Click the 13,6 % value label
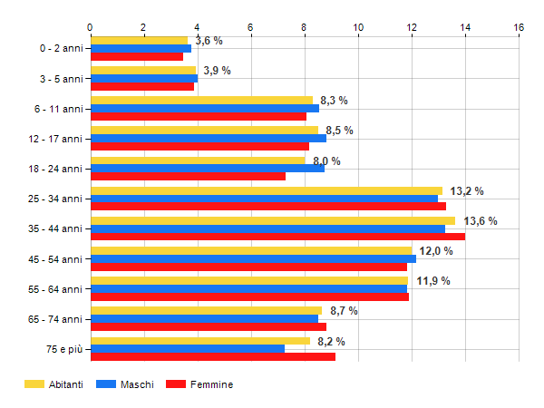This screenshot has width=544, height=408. (481, 221)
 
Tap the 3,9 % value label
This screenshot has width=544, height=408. (217, 71)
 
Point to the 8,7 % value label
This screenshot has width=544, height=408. (344, 311)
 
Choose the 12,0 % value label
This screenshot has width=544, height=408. (435, 251)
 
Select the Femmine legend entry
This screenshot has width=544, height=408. (210, 384)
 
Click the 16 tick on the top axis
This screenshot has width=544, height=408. (519, 28)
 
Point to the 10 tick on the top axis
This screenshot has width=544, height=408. (358, 28)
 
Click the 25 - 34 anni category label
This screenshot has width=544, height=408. (55, 199)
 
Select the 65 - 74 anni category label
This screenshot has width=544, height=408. (55, 319)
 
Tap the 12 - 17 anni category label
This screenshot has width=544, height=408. (55, 139)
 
